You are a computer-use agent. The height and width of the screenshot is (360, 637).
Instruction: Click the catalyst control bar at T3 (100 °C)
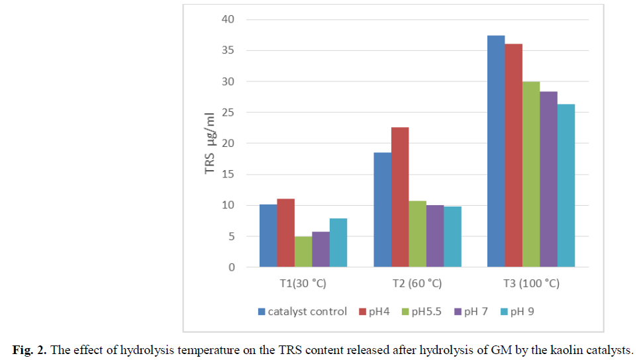point(496,152)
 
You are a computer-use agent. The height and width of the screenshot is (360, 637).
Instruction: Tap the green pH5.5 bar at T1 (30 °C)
point(303,251)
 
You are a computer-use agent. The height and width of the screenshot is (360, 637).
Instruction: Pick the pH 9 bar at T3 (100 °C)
point(565,185)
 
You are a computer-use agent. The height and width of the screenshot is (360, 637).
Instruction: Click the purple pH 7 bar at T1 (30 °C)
point(320,249)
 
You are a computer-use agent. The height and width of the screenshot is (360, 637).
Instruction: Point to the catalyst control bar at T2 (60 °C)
point(382,210)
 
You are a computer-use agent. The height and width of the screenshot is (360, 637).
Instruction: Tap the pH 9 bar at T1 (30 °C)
point(338,243)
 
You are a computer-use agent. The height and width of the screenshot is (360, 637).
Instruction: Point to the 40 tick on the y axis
point(228,19)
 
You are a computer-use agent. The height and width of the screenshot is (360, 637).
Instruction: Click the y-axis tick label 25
point(228,112)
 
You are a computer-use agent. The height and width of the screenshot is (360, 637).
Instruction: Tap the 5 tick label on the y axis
point(231,236)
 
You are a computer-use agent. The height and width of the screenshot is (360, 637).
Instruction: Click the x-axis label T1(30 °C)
point(303,283)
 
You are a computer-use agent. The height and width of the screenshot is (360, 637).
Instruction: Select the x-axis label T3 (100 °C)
point(530,283)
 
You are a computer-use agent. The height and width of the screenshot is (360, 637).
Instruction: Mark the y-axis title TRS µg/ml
point(210,143)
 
